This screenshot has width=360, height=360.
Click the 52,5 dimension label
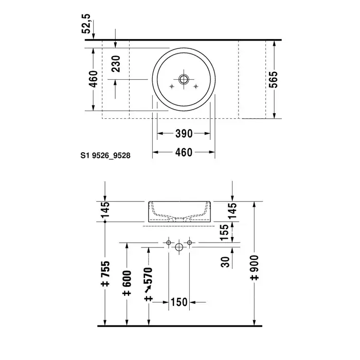coord(86,24)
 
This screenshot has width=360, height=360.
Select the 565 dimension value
coord(273,80)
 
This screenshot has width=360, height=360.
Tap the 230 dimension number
coord(116,64)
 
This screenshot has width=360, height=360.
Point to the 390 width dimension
coord(184,134)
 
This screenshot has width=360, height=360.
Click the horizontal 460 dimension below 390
coord(184,152)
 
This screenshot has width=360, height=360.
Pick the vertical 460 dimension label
coord(94,79)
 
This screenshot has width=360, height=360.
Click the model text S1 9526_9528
coord(105,156)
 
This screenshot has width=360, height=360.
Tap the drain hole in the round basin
coord(184,79)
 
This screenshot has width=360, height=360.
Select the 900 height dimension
coord(255,267)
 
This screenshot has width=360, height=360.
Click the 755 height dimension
coord(105,274)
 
